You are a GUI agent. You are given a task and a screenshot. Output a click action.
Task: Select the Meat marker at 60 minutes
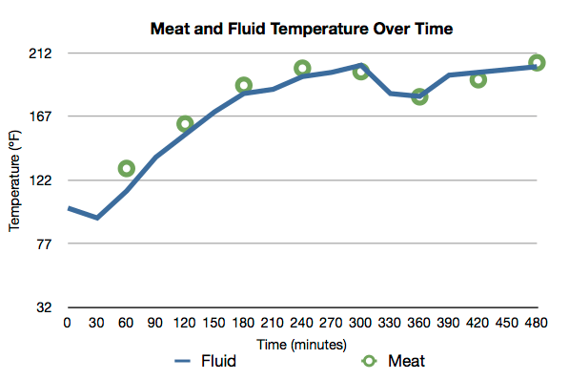tap(126, 169)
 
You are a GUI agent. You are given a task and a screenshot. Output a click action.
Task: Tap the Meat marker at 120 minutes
tap(185, 124)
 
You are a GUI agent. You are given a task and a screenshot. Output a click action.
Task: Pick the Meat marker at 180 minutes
tap(244, 86)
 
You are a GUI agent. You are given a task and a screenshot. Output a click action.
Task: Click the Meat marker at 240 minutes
tap(302, 69)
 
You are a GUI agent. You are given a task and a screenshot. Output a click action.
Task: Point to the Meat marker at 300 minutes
tap(361, 72)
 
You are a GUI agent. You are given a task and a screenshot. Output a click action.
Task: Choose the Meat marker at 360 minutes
tap(419, 96)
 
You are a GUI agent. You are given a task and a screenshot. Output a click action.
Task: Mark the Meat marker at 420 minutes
tap(478, 79)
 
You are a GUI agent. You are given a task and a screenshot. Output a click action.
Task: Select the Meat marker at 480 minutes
tap(537, 63)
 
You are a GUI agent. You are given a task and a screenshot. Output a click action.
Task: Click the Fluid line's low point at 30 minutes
tap(96, 218)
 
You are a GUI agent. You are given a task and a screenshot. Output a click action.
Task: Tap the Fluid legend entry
tap(205, 361)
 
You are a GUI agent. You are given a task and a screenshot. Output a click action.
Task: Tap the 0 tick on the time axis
tap(67, 324)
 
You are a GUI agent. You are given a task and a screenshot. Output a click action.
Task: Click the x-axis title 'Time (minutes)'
tap(302, 343)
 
